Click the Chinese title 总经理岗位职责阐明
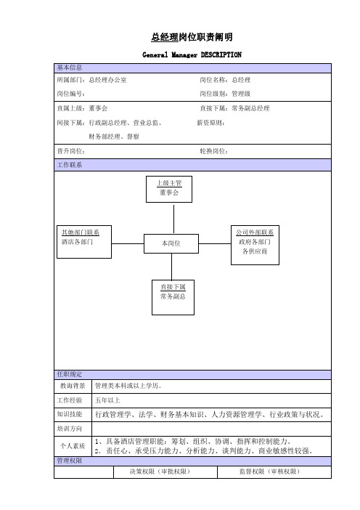coord(192,37)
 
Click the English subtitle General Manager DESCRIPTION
coord(192,54)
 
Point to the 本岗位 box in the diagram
coord(171,243)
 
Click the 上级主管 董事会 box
coord(169,190)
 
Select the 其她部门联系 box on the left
coord(84,242)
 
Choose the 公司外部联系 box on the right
coord(255,246)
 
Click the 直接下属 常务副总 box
coord(173,297)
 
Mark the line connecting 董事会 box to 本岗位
coord(173,219)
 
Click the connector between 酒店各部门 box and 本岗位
coord(128,243)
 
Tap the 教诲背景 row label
coord(73,386)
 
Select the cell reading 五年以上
coord(211,400)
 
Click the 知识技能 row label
coord(70,414)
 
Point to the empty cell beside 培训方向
coord(211,429)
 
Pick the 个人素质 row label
coord(73,446)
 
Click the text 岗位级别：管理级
coord(225,94)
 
